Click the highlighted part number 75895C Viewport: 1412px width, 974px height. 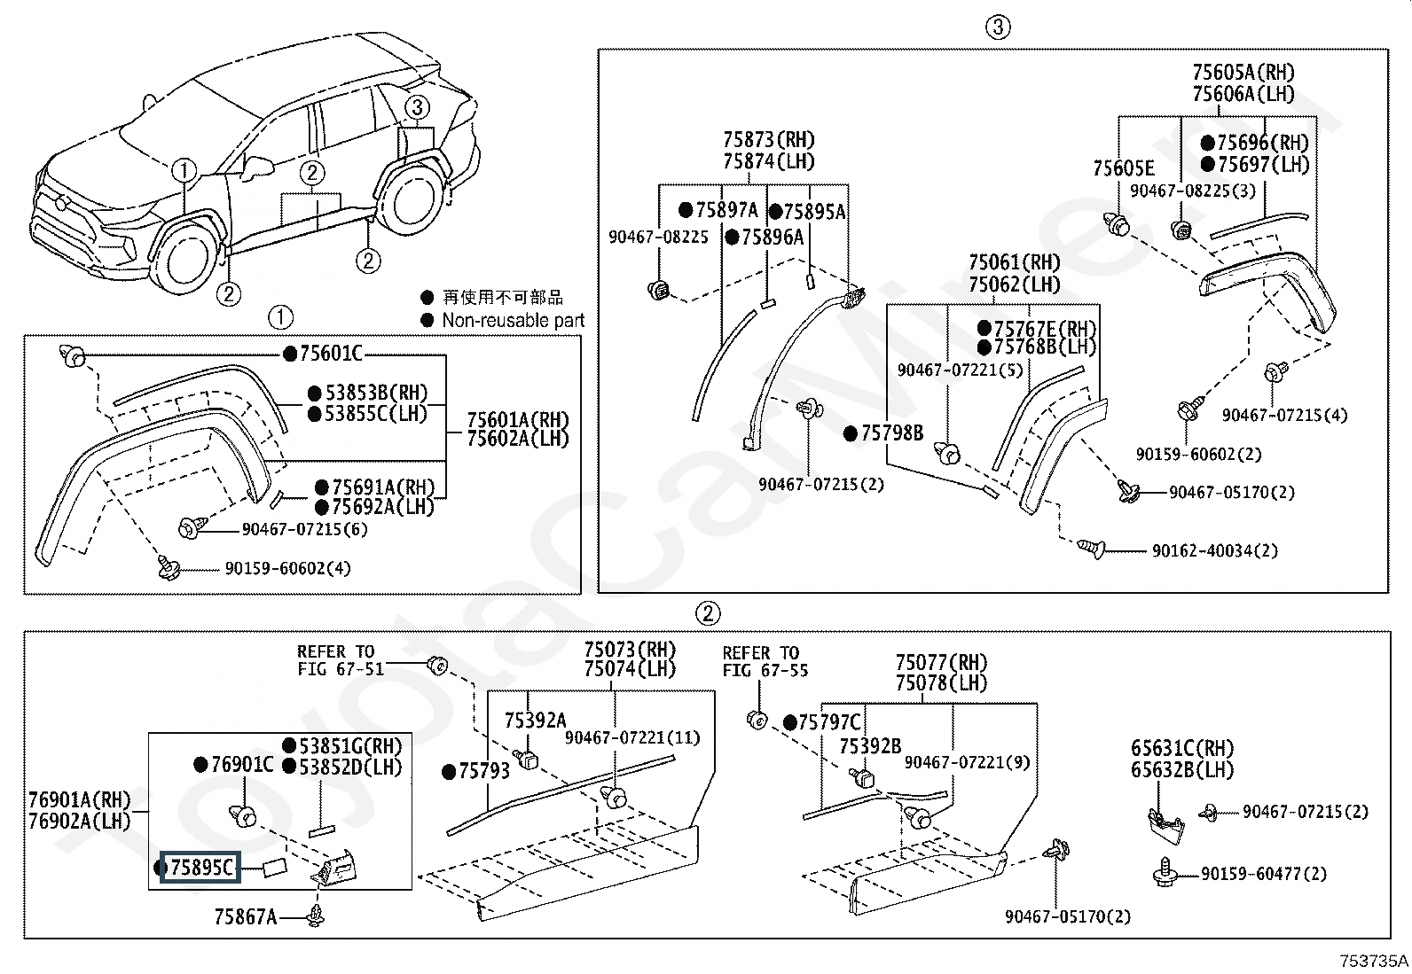[200, 868]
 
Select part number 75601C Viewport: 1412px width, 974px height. [331, 354]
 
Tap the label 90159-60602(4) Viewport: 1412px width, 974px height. [287, 568]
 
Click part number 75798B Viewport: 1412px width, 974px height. [892, 432]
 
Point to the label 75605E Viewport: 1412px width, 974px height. [1123, 168]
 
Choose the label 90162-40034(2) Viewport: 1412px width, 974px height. [1215, 550]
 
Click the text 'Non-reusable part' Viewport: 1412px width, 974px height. [514, 320]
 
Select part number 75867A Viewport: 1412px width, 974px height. [245, 916]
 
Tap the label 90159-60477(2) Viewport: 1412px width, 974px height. [1264, 874]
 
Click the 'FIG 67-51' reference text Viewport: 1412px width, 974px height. [341, 668]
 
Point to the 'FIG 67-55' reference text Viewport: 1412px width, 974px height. [765, 670]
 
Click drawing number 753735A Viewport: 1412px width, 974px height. [1374, 961]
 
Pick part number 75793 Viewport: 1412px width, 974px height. [484, 770]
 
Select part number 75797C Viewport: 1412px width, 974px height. [829, 722]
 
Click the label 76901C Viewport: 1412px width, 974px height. [242, 764]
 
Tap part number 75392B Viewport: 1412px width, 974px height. [870, 746]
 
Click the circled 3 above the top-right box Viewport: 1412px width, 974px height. [998, 27]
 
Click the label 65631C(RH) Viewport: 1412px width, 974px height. [1182, 748]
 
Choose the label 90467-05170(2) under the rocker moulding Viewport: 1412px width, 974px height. [1068, 916]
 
